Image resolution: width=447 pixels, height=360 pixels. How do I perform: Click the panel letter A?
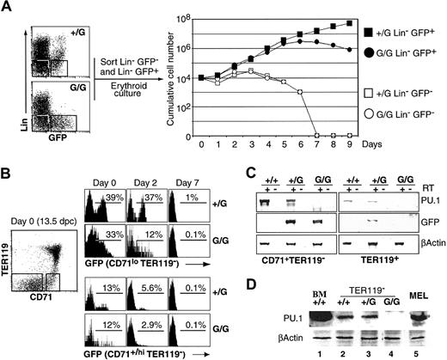(x=8, y=7)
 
